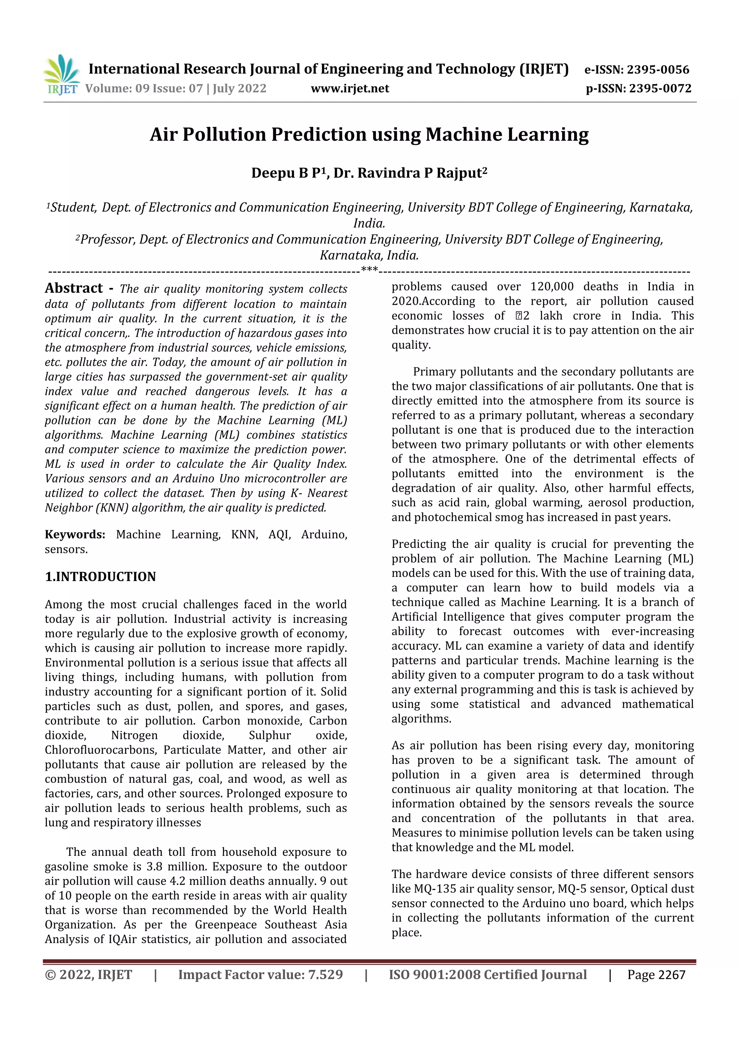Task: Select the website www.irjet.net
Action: click(x=350, y=88)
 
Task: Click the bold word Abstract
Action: click(x=74, y=288)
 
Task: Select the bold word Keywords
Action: click(x=75, y=534)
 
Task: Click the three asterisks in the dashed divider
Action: click(x=369, y=270)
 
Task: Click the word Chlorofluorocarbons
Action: click(x=101, y=750)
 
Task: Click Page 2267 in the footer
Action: click(x=656, y=975)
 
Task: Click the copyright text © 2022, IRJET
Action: click(x=88, y=975)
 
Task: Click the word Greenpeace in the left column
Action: click(x=227, y=925)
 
